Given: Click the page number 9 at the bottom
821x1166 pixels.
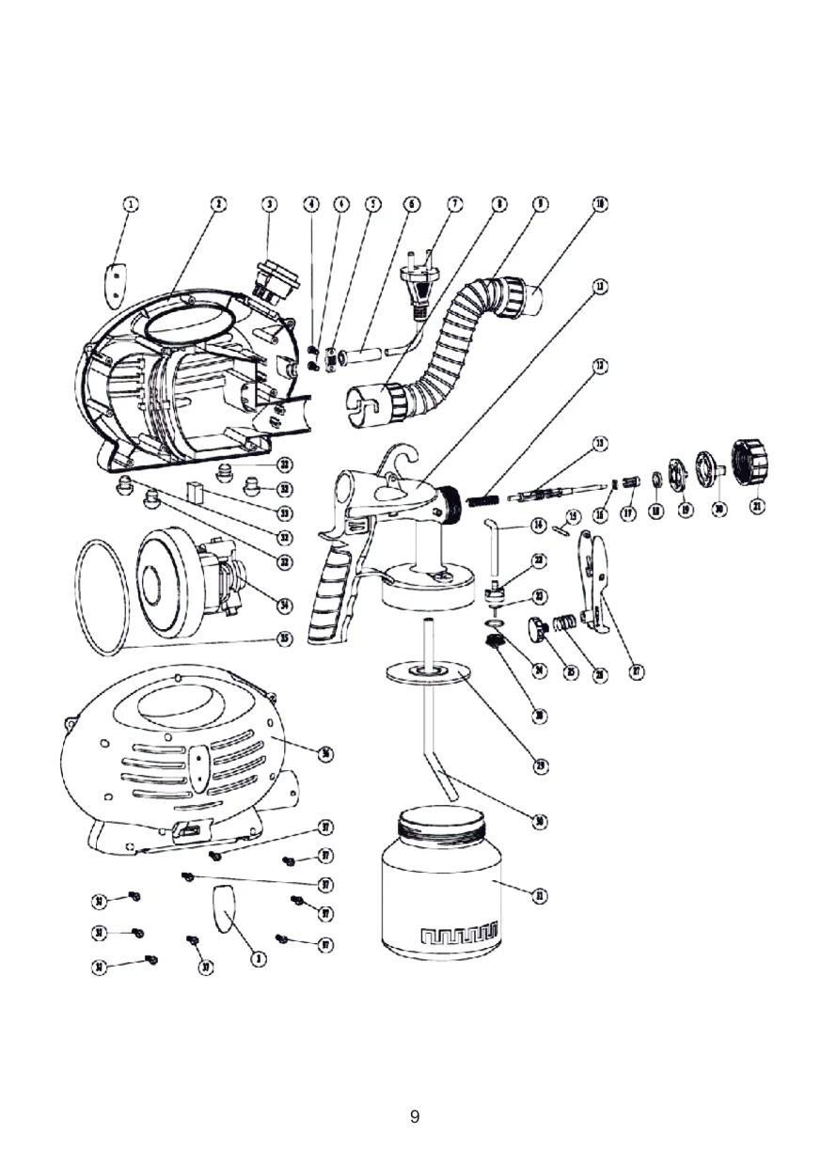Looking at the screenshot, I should pos(415,1117).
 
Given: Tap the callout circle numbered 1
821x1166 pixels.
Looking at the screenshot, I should pos(132,204).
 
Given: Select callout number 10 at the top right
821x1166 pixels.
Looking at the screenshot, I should pos(599,204).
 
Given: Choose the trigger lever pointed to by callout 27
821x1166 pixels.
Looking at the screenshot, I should pos(592,574).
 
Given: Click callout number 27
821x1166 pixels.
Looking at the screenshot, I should pos(637,672).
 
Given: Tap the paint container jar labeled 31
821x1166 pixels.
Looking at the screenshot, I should pos(440,893).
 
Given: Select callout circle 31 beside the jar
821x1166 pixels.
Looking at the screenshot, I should pos(539,896).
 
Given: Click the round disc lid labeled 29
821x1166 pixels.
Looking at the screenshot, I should pos(429,673).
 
